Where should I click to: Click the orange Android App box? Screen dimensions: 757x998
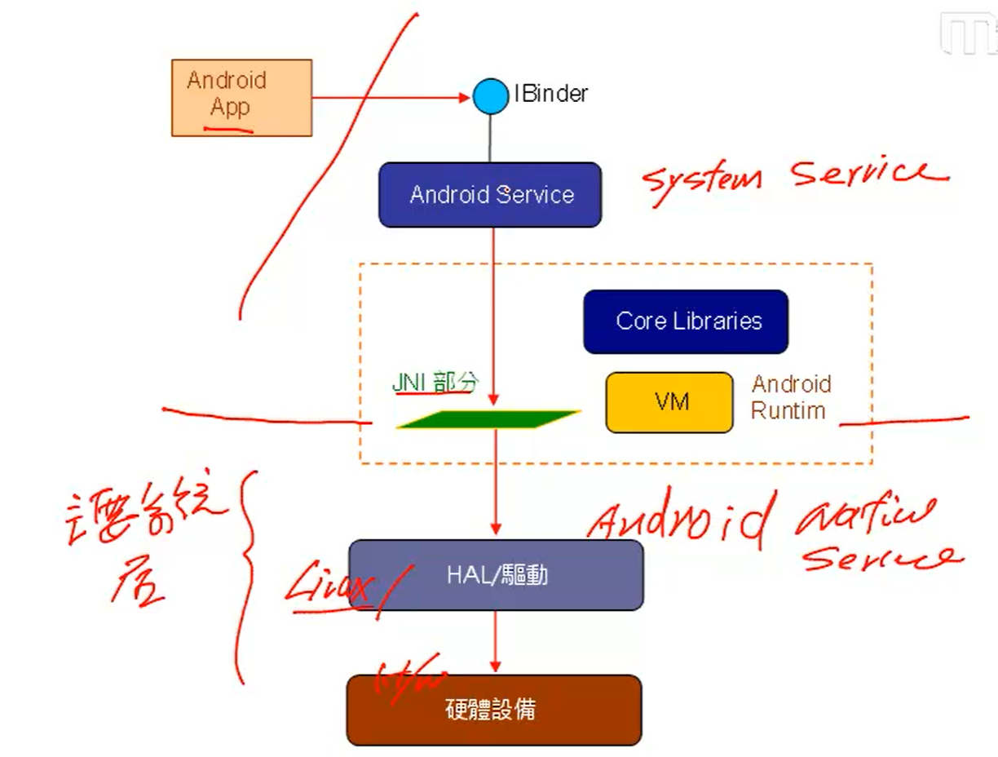click(241, 97)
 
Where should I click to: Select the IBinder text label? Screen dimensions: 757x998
click(550, 94)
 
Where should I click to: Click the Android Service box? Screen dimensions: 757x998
click(490, 194)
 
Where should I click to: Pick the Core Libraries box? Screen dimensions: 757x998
click(686, 321)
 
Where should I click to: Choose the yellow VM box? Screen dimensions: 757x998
click(669, 402)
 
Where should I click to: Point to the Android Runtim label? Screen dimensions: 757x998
click(790, 397)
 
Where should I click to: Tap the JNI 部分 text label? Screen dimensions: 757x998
click(435, 383)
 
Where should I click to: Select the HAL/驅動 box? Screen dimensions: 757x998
click(496, 575)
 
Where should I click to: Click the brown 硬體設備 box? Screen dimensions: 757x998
click(493, 710)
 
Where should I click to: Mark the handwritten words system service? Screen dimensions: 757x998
click(795, 175)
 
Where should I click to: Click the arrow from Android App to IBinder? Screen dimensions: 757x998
click(391, 98)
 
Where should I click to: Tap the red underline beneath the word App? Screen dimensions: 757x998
click(227, 128)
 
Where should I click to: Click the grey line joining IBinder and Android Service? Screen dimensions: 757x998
click(490, 138)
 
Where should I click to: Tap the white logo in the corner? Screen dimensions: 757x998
click(969, 34)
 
